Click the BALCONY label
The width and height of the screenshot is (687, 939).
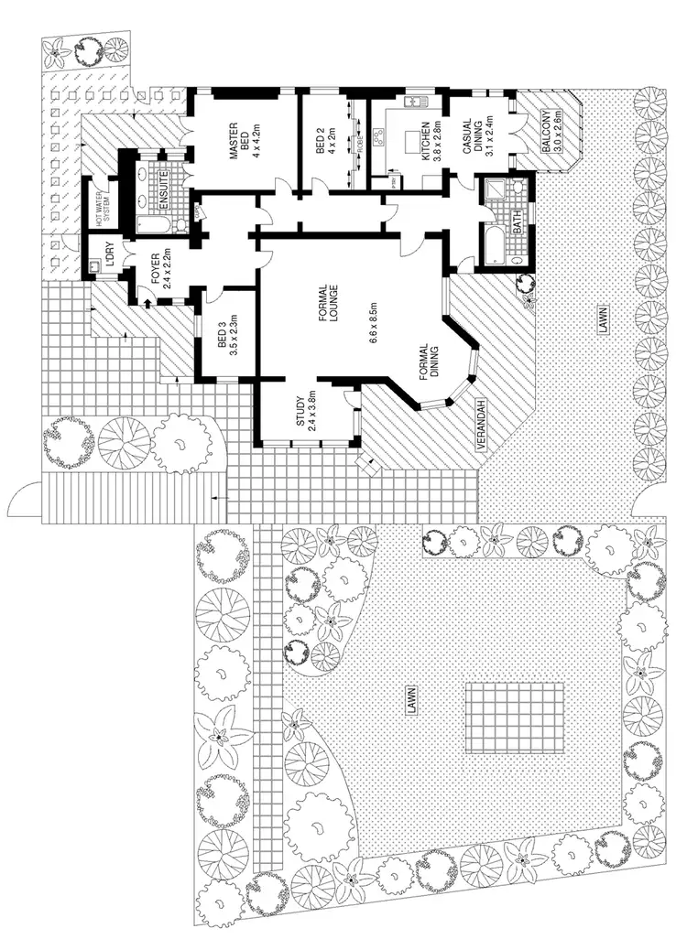549,135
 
